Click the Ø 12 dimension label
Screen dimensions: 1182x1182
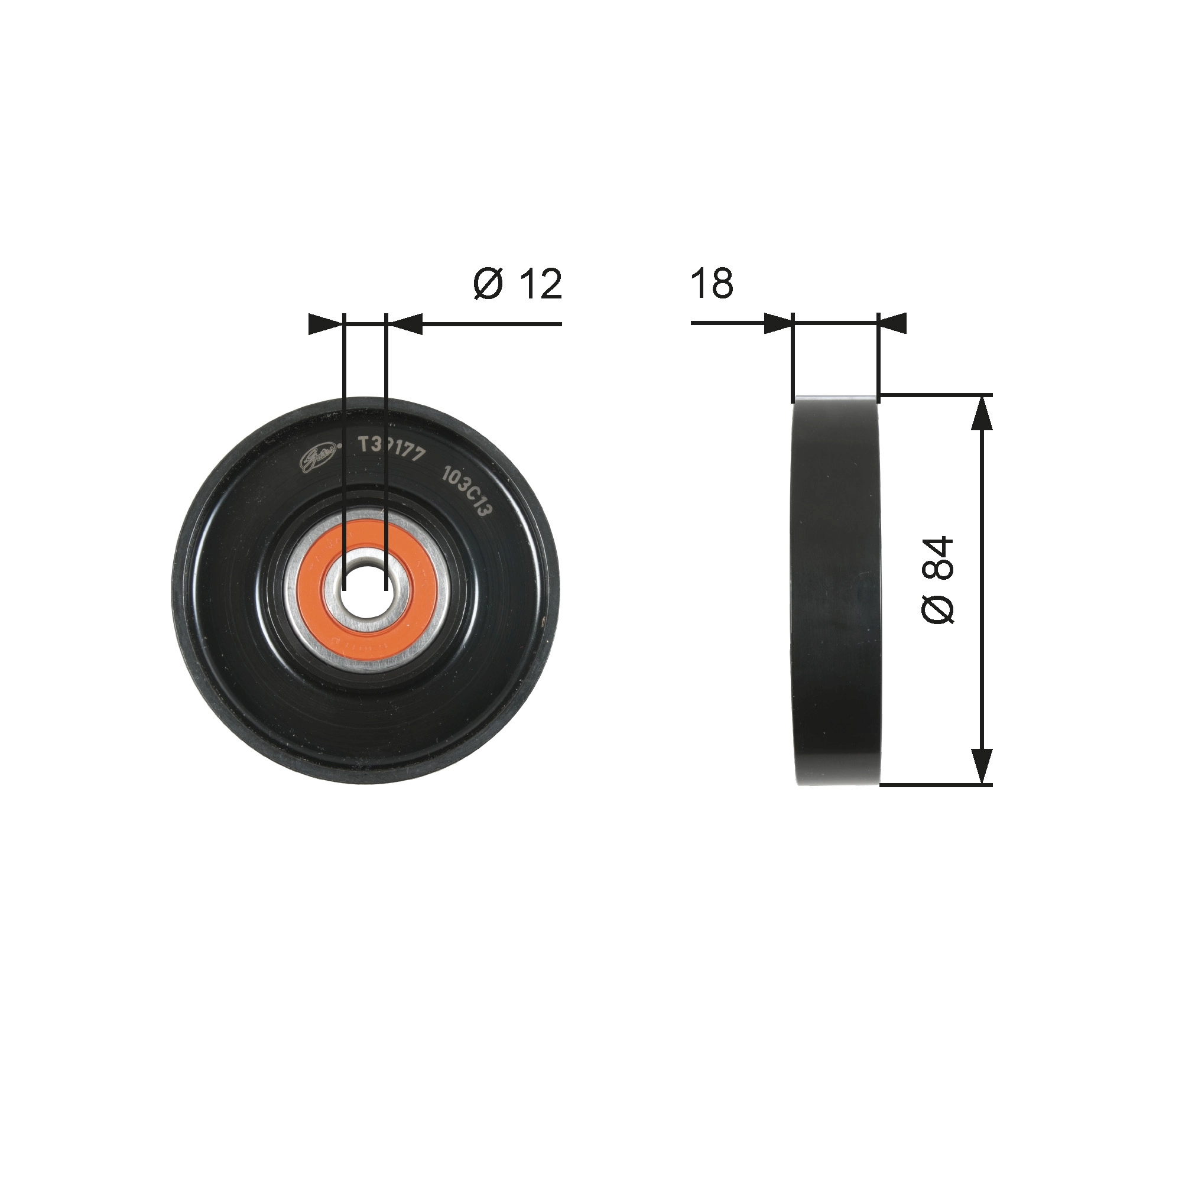click(518, 284)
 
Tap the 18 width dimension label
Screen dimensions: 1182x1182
click(712, 284)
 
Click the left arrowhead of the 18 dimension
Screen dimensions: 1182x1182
click(778, 324)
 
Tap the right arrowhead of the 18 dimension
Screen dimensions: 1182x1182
click(892, 324)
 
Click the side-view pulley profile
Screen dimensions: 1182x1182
click(836, 590)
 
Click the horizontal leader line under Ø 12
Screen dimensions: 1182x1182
click(489, 324)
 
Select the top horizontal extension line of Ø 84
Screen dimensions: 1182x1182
click(936, 395)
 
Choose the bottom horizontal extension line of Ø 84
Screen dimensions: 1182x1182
click(936, 785)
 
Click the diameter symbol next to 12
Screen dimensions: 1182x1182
click(488, 284)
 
